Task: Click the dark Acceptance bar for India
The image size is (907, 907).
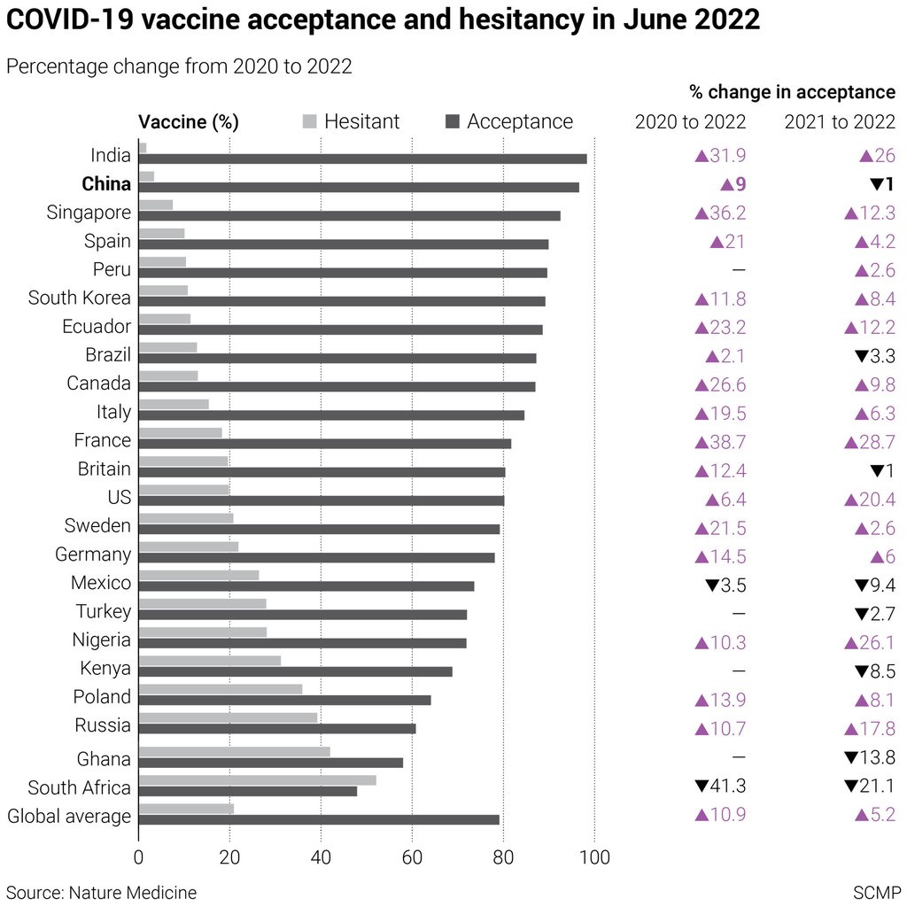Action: (362, 159)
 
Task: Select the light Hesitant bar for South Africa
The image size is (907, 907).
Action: (257, 780)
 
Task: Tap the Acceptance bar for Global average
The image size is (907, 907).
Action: (319, 819)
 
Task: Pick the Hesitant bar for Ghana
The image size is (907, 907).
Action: (234, 751)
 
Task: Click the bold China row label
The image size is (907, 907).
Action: (106, 184)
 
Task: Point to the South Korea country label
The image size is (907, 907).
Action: (80, 298)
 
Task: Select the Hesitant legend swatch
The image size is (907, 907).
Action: (309, 121)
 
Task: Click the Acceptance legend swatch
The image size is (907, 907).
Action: (452, 121)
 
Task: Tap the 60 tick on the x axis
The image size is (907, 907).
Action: (412, 857)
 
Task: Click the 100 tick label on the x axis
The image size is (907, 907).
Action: (594, 857)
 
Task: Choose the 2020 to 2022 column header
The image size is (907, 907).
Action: (690, 121)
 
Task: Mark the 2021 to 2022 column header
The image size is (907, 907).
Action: (840, 121)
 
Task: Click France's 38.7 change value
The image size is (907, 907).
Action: (720, 440)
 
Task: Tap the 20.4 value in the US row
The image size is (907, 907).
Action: (870, 500)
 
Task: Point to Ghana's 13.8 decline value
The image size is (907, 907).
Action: (870, 757)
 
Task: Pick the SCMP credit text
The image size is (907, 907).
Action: (876, 891)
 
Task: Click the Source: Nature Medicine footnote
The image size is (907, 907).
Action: (101, 891)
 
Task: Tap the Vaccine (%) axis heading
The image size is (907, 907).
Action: (189, 122)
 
